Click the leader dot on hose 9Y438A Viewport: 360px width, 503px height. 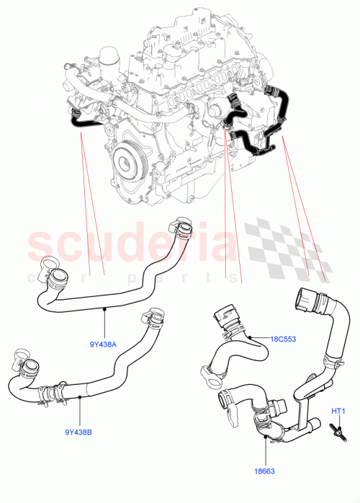pyautogui.click(x=104, y=308)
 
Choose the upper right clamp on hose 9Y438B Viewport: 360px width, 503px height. pyautogui.click(x=154, y=318)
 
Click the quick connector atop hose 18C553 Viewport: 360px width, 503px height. pyautogui.click(x=225, y=317)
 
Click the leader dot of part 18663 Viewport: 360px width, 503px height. pyautogui.click(x=265, y=437)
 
